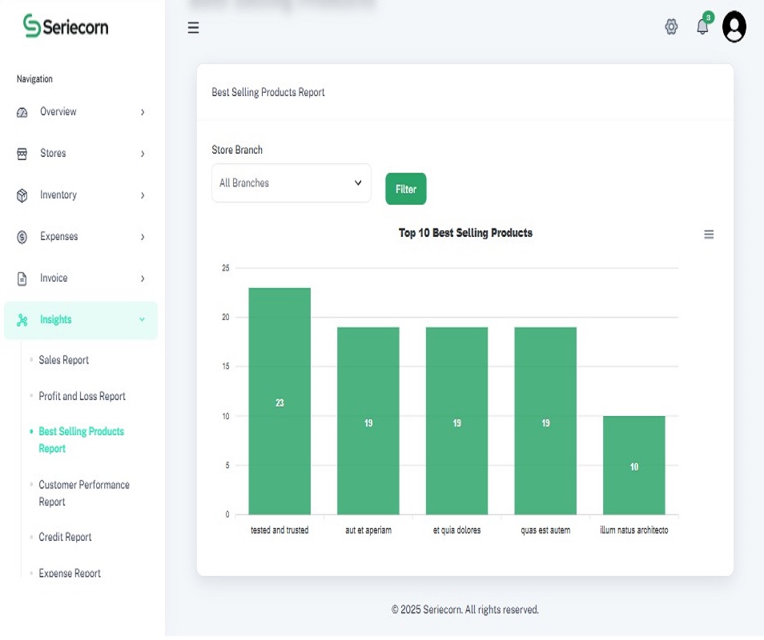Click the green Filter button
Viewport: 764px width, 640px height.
coord(405,189)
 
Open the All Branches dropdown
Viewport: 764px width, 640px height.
coord(291,183)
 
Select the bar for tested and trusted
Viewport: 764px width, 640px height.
coord(279,401)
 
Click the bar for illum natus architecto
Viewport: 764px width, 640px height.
coord(634,466)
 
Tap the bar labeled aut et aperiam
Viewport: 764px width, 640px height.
coord(368,421)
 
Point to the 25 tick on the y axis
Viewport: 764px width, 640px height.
coord(226,268)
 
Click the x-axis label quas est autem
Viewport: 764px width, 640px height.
coord(545,530)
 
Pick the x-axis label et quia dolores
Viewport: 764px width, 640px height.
coord(456,530)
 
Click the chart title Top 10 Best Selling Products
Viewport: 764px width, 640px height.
coord(465,233)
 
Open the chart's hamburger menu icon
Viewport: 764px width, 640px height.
coord(709,234)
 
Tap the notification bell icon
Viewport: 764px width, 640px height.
coord(702,26)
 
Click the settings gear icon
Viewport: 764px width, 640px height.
coord(671,26)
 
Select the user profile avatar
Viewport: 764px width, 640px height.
coord(734,26)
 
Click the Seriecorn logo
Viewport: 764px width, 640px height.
coord(66,26)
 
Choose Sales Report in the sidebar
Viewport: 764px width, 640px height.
coord(64,360)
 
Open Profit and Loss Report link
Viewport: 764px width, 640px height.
coord(82,396)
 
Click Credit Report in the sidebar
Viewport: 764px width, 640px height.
coord(65,537)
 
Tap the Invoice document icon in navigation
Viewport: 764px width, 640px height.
coord(22,278)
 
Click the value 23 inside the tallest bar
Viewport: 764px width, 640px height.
coord(279,403)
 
